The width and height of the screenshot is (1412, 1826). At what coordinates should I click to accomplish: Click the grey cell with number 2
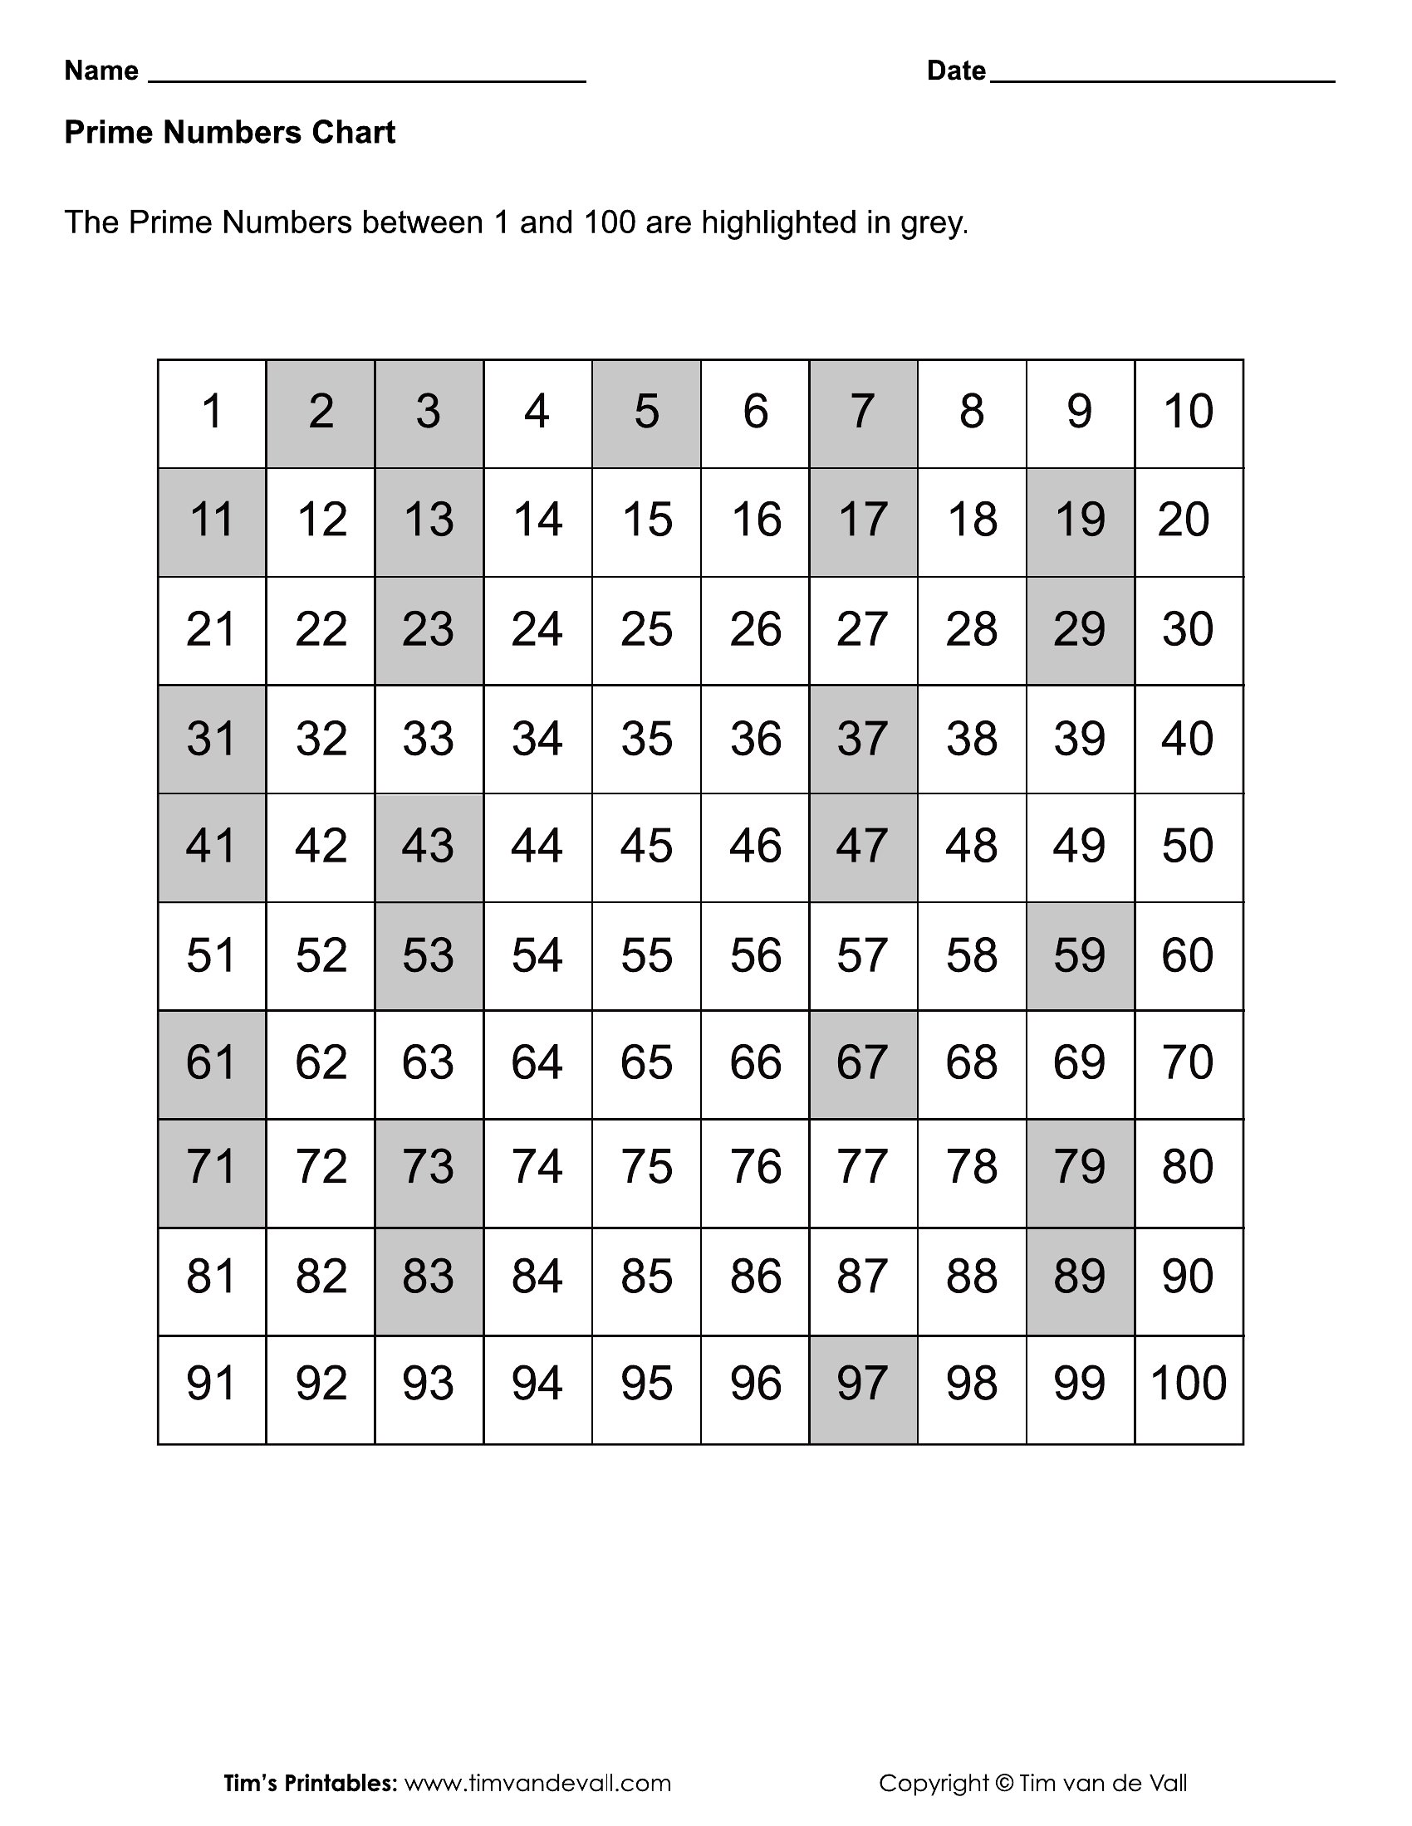point(321,414)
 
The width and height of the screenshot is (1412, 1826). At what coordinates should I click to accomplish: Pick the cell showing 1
point(212,414)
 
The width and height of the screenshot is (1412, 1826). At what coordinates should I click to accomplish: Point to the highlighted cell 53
point(429,955)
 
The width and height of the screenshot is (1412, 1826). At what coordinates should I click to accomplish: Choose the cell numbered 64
point(537,1064)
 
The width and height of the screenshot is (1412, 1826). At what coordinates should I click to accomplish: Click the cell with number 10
point(1189,414)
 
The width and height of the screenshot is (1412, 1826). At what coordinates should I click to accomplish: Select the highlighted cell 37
point(862,739)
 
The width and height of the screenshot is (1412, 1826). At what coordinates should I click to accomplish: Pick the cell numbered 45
point(645,847)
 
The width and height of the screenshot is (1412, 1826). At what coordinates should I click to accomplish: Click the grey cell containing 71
point(212,1172)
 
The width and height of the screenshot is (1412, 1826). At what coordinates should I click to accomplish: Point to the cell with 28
point(971,631)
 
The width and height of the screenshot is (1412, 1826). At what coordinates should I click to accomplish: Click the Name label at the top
point(101,71)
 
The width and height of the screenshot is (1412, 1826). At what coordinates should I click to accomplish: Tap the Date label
point(956,71)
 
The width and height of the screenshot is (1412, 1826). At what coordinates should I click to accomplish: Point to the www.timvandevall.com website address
point(538,1784)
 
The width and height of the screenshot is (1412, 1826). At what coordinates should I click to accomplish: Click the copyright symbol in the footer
point(1004,1784)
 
